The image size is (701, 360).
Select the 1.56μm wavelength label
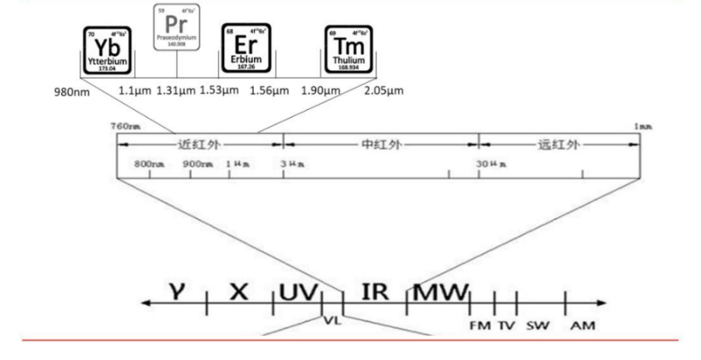[269, 90]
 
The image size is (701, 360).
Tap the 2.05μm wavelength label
[383, 90]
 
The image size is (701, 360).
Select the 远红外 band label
[559, 144]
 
